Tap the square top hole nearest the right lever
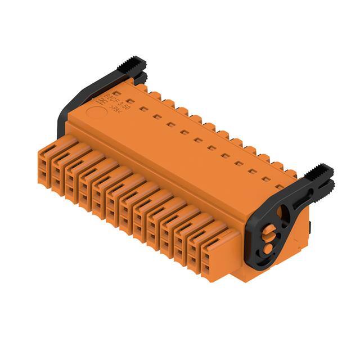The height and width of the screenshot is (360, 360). (x=279, y=186)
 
